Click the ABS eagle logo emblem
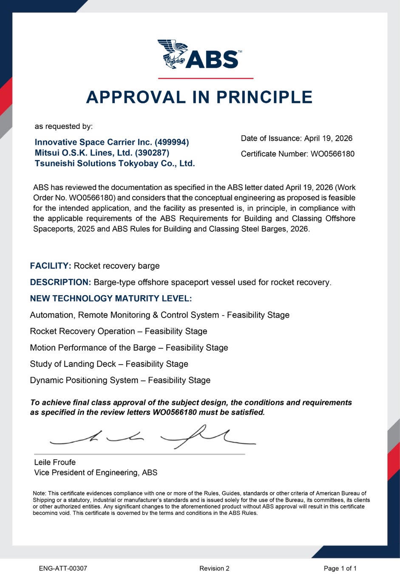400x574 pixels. (172, 54)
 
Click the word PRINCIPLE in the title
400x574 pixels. (264, 97)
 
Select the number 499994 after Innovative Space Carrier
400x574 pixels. (172, 142)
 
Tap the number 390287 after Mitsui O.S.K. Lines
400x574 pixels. (152, 153)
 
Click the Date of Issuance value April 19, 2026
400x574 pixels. (328, 138)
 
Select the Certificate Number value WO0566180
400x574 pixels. (332, 154)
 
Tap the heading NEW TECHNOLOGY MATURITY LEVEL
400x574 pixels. (111, 298)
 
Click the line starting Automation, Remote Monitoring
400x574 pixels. (159, 315)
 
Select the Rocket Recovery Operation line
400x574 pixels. (119, 331)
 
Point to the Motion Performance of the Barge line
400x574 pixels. (129, 348)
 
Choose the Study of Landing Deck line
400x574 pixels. (109, 364)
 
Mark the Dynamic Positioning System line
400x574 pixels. (120, 380)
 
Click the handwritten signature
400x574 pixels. (153, 437)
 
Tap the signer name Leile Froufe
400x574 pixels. (55, 462)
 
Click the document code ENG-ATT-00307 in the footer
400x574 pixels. (63, 568)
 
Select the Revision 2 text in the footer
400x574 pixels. (214, 568)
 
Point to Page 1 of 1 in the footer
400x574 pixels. (340, 568)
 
